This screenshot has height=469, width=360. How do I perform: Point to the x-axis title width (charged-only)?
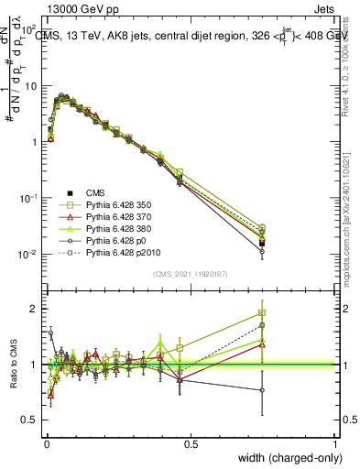pyautogui.click(x=285, y=457)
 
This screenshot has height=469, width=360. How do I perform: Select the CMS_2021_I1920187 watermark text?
pyautogui.click(x=190, y=272)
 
